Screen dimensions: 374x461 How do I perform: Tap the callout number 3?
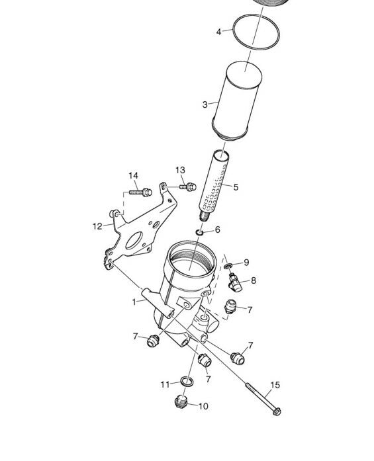coord(205,105)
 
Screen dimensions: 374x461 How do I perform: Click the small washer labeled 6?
coord(200,233)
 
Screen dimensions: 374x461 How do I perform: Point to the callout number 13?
coord(180,170)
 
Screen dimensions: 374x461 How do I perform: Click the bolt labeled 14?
coord(140,192)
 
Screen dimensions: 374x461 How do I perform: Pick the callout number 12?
coord(97,226)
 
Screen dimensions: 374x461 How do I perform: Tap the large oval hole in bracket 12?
coord(134,241)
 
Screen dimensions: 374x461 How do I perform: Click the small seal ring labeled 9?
coord(228,266)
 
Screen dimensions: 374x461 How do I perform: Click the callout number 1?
coord(134,302)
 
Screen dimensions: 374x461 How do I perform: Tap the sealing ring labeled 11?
coord(187,382)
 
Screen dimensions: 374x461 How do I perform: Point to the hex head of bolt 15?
coord(277,411)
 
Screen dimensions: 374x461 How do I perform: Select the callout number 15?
coord(275,385)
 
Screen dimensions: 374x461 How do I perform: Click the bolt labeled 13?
coord(188,187)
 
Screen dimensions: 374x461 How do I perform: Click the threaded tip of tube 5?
coord(205,217)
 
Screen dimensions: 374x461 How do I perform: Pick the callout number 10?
coord(203,406)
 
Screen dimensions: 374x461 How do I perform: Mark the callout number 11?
coord(165,384)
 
